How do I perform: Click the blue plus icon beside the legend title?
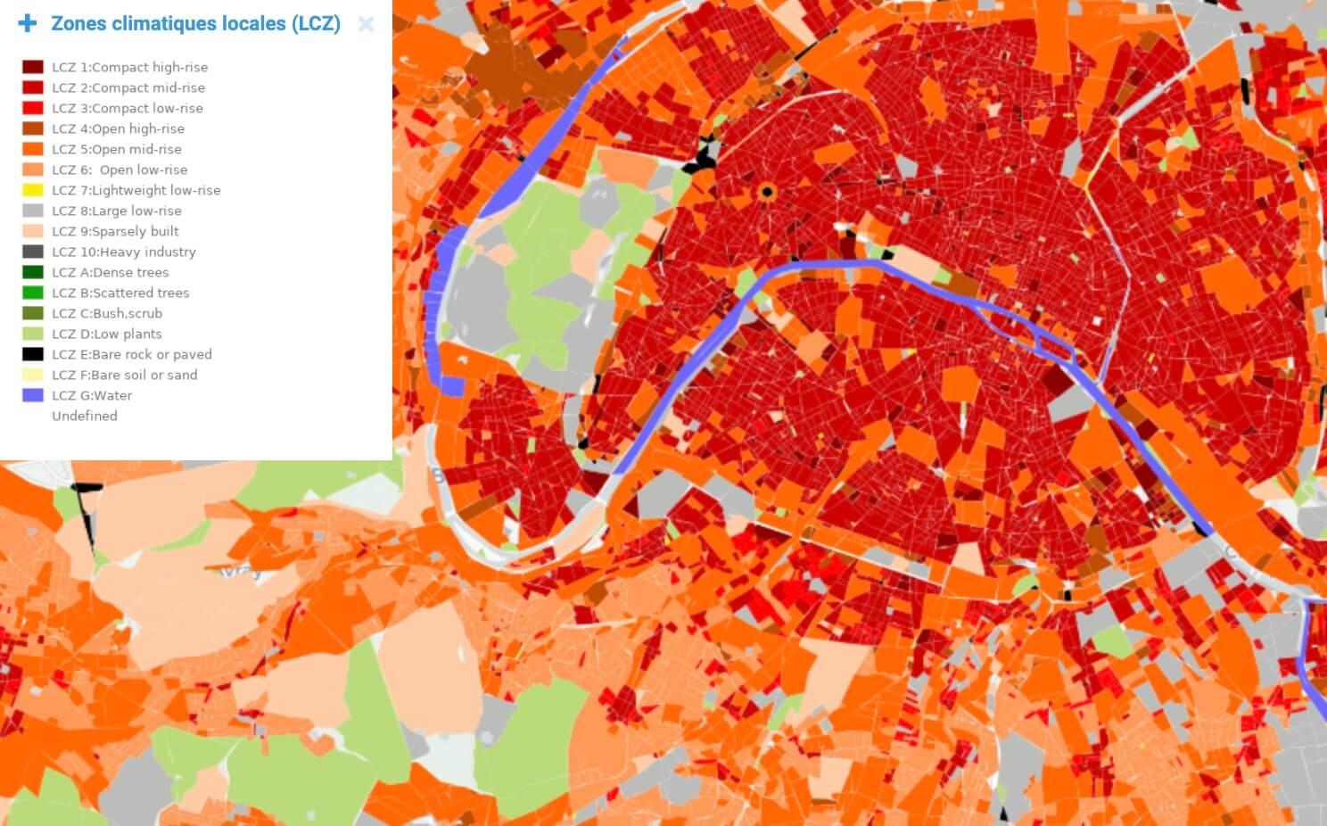tap(28, 23)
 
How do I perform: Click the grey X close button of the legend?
tap(366, 24)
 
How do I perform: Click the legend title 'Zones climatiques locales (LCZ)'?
tap(195, 24)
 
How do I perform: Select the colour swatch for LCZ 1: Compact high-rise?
tap(33, 67)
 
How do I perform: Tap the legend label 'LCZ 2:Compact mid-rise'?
tap(128, 87)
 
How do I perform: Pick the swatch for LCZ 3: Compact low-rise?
tap(33, 108)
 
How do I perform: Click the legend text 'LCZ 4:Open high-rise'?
tap(118, 128)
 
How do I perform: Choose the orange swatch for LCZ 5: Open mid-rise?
tap(33, 149)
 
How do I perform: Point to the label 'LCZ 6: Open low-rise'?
tap(120, 169)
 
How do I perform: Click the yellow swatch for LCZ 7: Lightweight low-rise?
tap(33, 190)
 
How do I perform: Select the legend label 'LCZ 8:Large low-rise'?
tap(117, 211)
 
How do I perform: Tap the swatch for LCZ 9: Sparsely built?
tap(33, 231)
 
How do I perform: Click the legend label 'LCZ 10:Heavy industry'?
tap(124, 252)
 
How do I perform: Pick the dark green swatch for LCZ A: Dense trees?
tap(33, 272)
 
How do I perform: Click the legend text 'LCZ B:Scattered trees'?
tap(120, 293)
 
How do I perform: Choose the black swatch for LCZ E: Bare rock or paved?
tap(33, 354)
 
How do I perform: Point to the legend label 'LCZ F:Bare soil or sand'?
tap(125, 375)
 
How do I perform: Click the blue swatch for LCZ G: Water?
tap(33, 395)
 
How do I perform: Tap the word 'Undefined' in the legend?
tap(85, 416)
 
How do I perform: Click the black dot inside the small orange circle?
tap(767, 192)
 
